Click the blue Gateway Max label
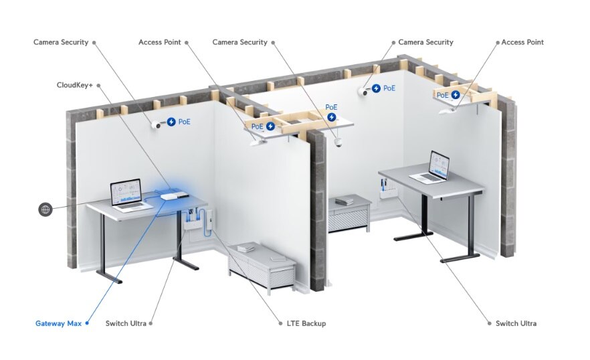[58, 324]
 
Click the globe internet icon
[45, 209]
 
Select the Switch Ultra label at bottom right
[516, 324]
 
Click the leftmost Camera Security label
[61, 42]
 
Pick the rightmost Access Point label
[522, 42]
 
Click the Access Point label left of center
[160, 42]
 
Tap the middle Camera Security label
[239, 42]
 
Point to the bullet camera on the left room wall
[157, 124]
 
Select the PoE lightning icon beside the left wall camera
[171, 122]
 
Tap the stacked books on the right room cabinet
[345, 201]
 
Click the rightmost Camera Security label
[425, 42]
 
